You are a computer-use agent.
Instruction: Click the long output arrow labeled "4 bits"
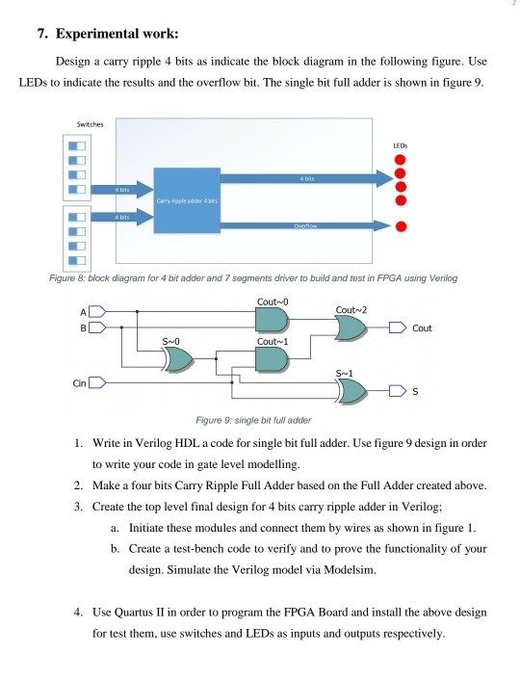308,179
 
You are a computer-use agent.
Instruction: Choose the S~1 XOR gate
350,391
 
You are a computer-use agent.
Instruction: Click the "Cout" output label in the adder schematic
424,329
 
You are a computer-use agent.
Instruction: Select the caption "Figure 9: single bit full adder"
253,420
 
